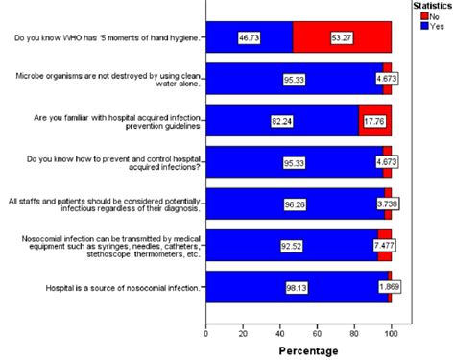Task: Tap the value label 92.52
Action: click(291, 245)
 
